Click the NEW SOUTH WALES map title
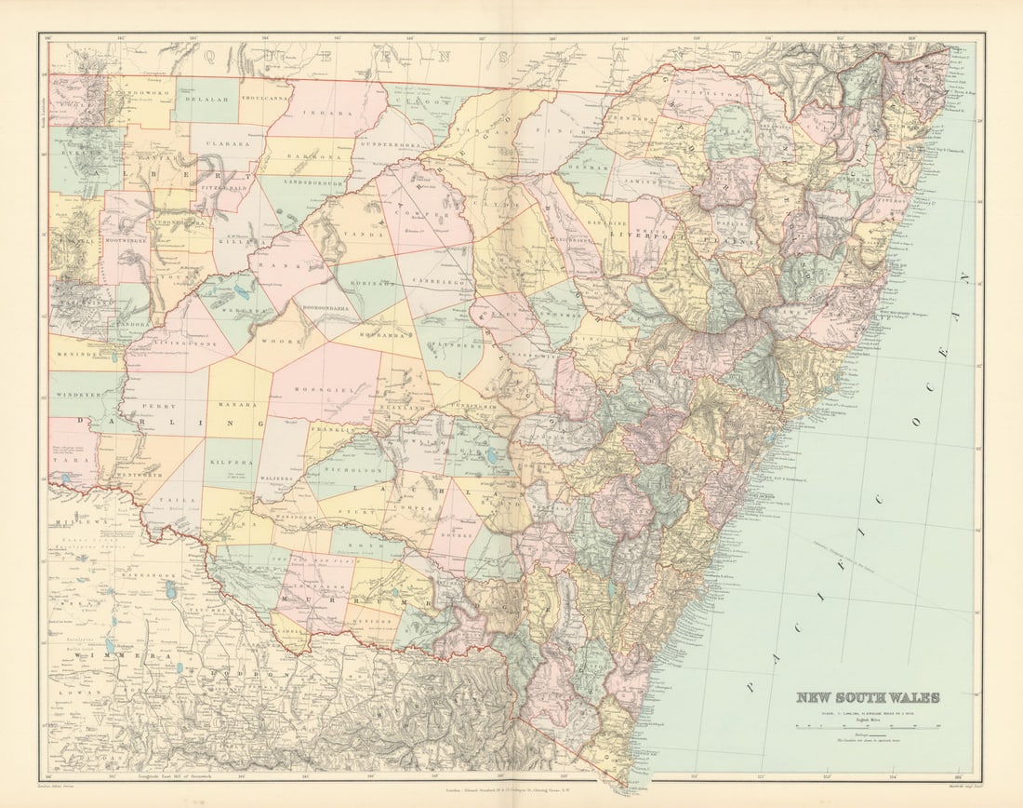point(867,697)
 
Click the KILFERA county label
point(232,461)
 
